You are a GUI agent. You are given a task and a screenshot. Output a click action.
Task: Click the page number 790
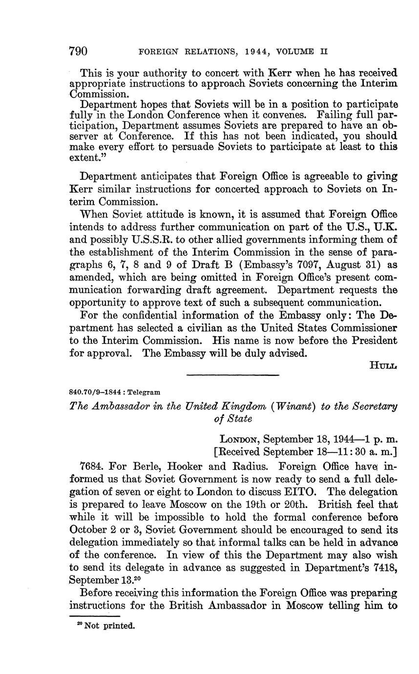(x=78, y=51)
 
